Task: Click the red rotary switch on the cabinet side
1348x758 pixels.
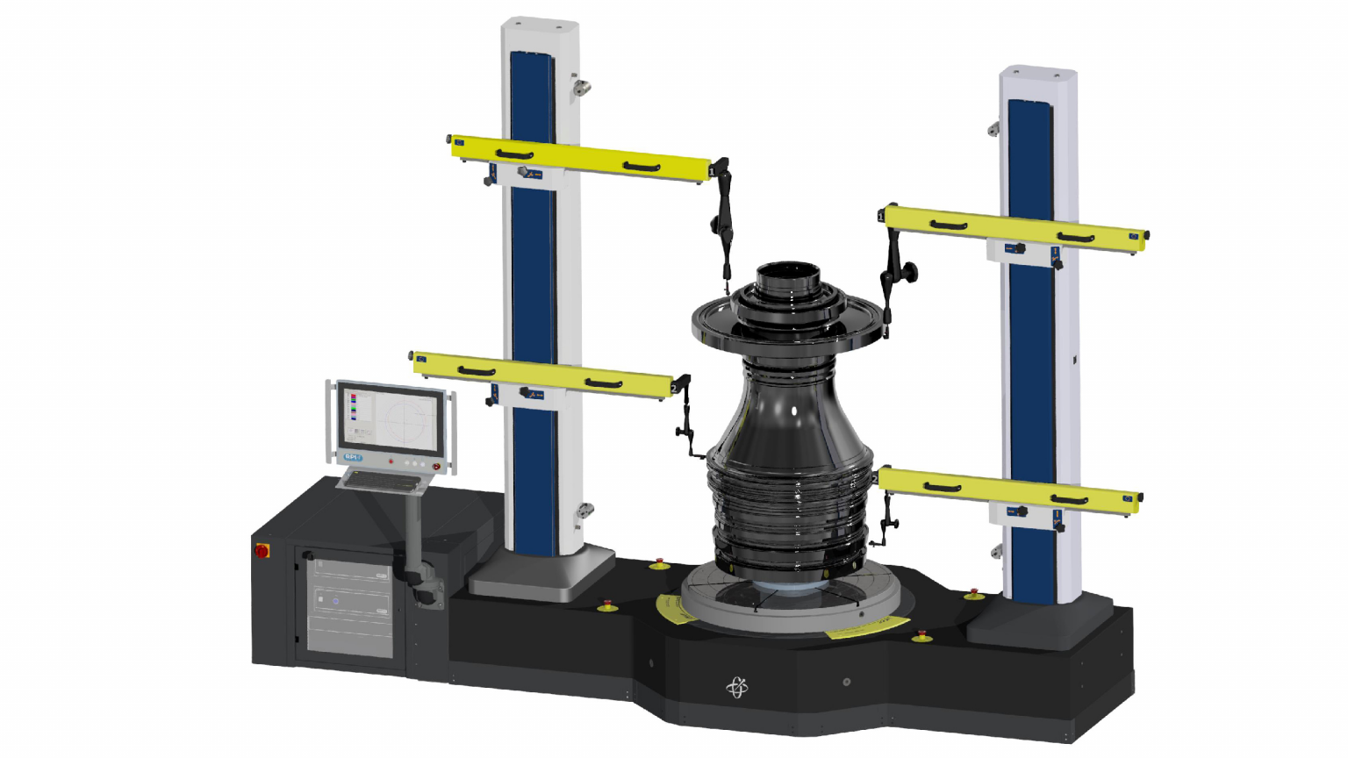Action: pos(262,551)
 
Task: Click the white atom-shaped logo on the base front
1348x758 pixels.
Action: pos(737,688)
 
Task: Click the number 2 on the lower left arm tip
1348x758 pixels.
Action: pos(674,388)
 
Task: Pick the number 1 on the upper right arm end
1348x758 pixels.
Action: pos(881,216)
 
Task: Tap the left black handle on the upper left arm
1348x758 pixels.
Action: pos(514,155)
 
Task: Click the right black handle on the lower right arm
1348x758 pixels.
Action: pos(1070,500)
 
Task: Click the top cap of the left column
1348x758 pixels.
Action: pos(539,25)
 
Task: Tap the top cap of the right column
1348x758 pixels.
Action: pos(1038,72)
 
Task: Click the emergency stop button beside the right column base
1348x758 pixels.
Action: pos(973,595)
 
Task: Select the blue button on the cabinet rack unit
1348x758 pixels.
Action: pos(335,602)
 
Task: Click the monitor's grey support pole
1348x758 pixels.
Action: pos(412,535)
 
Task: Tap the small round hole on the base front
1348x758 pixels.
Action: pos(846,682)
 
